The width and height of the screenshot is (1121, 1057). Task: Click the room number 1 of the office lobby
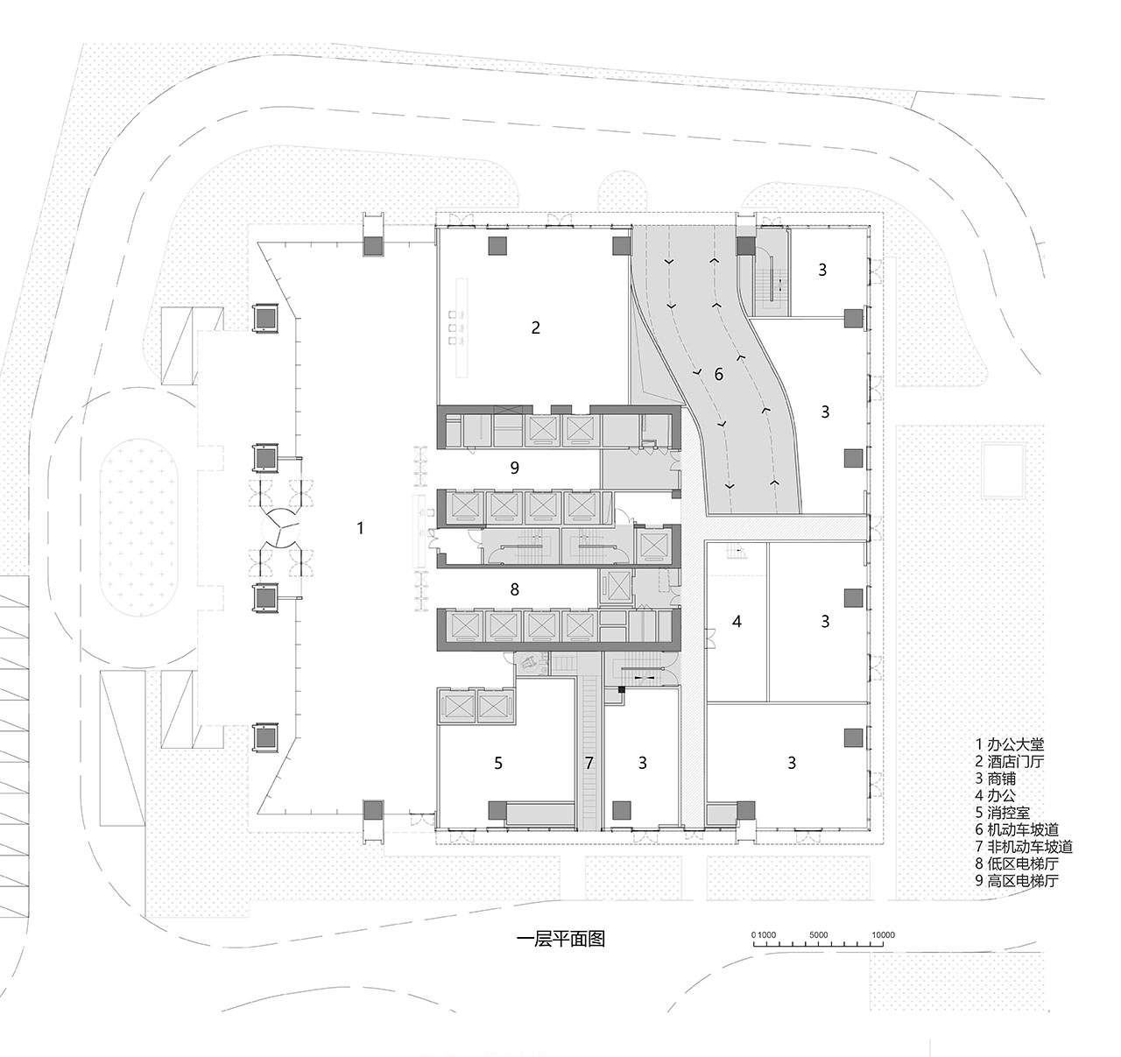(360, 528)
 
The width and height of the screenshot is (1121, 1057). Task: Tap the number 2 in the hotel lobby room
(536, 328)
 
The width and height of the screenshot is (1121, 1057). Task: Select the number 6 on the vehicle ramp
(718, 374)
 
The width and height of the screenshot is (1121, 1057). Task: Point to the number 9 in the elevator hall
(514, 468)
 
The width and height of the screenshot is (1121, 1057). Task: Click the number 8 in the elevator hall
(514, 589)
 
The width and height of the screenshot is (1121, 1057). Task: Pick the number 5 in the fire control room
(497, 764)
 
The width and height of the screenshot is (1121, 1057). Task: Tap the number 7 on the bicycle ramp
(589, 764)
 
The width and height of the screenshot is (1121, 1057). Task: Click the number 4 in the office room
(737, 622)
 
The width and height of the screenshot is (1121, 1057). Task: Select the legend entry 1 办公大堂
(1010, 744)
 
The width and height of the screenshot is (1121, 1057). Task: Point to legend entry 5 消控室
(1003, 813)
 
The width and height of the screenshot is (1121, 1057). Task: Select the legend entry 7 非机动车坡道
(1024, 847)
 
